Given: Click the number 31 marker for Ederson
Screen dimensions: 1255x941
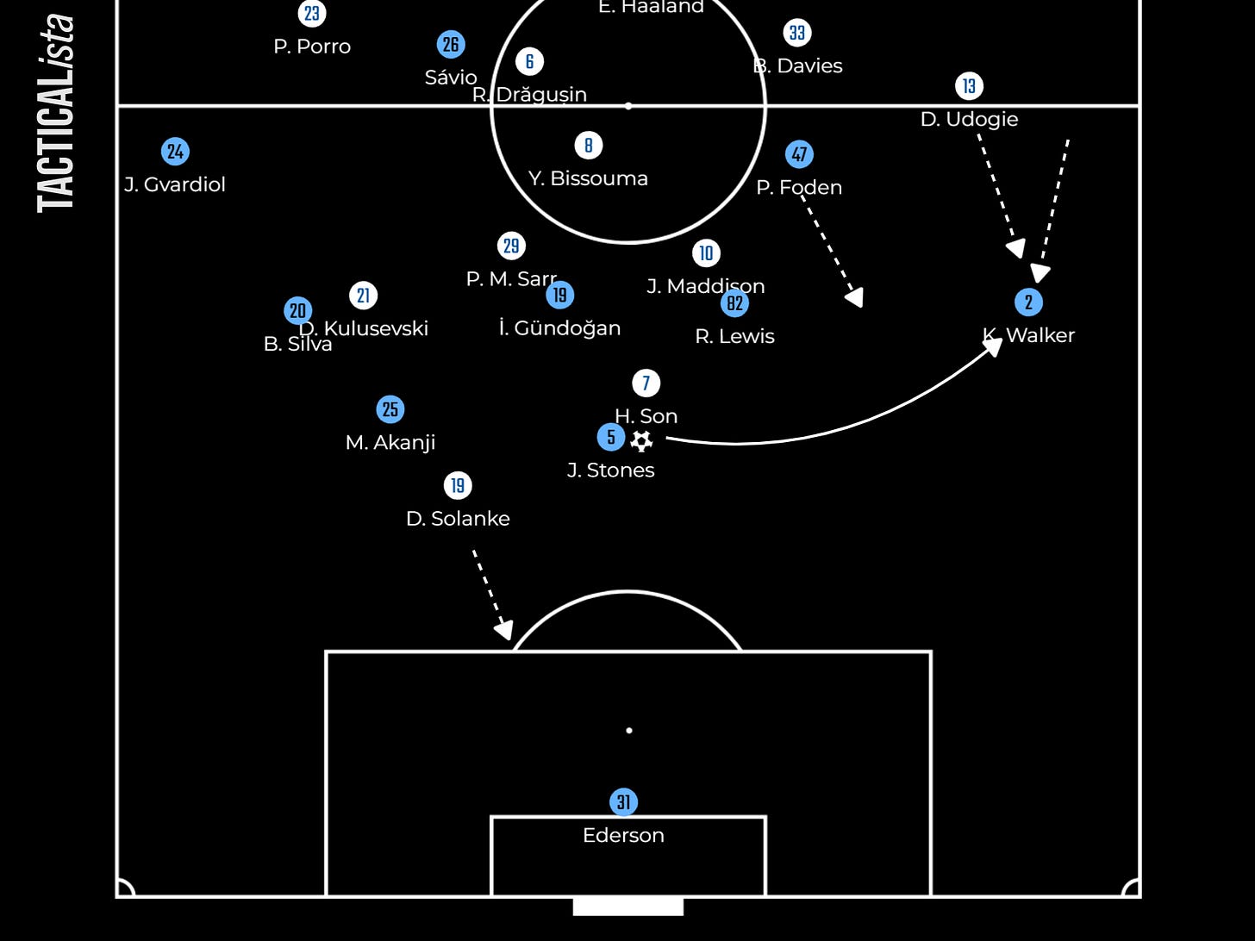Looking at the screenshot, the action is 623,802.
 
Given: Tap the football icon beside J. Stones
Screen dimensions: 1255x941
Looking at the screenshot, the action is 641,441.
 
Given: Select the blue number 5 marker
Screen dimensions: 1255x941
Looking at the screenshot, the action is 611,437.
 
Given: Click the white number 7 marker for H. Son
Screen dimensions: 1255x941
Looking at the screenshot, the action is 646,383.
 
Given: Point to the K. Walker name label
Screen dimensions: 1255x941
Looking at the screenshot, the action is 1029,335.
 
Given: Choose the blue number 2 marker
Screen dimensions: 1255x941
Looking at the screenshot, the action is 1028,302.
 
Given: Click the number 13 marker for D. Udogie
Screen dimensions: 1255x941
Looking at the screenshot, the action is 969,86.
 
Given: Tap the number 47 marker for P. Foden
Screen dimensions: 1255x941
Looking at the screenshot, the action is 800,154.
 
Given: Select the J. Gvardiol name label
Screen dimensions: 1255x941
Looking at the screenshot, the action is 175,184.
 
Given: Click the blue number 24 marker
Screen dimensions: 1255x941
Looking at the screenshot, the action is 176,152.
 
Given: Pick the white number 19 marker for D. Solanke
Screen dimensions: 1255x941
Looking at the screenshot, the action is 458,486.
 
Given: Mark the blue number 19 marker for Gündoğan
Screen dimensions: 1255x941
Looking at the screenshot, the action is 560,296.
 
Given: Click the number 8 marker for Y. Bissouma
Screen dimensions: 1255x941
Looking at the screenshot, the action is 589,146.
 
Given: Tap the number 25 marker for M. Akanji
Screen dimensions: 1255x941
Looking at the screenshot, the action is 390,409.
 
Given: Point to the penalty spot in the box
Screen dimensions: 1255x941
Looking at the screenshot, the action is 629,731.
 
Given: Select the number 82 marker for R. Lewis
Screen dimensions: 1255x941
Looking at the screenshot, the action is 734,303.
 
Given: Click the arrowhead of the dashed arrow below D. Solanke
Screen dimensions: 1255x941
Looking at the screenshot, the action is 505,631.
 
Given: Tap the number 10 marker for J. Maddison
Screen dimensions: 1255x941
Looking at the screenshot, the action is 706,253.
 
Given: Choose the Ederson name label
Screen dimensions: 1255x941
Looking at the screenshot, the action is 623,835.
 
